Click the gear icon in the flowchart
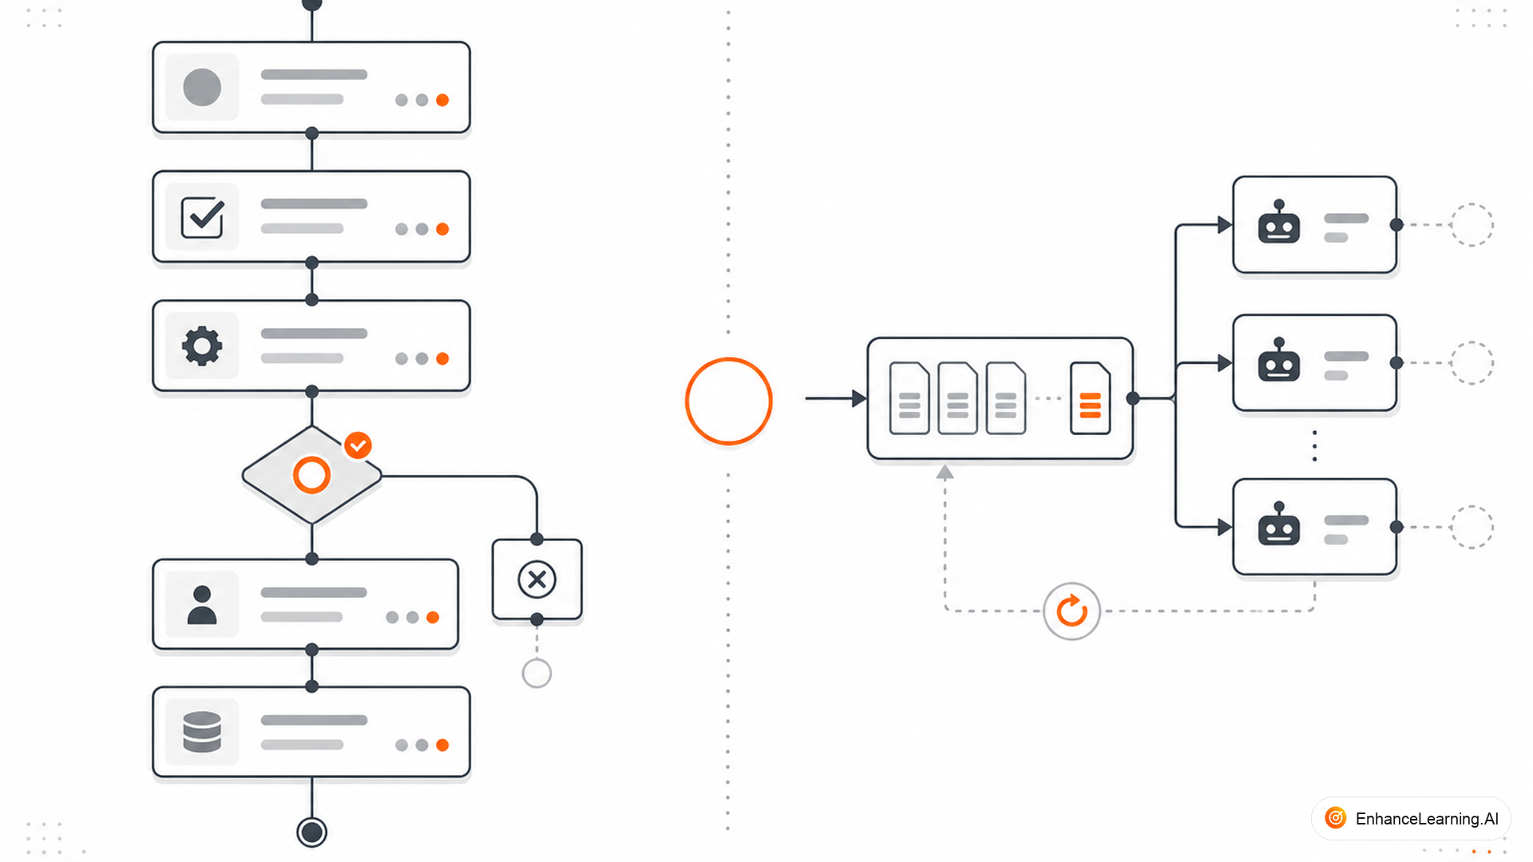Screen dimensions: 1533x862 click(202, 346)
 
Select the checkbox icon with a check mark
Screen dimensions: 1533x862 click(203, 217)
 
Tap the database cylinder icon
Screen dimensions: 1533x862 click(202, 732)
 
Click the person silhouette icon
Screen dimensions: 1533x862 click(202, 605)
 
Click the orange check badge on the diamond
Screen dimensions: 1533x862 click(358, 445)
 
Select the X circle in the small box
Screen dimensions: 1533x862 click(537, 579)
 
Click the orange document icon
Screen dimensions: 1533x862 click(1090, 398)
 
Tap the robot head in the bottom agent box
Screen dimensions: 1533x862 click(1279, 524)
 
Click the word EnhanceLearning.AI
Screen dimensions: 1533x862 click(1427, 819)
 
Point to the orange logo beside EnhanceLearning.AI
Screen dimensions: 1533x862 click(1336, 818)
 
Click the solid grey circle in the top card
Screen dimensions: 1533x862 click(202, 87)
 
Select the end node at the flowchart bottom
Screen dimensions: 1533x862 click(311, 832)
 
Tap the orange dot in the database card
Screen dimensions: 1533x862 click(442, 745)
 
